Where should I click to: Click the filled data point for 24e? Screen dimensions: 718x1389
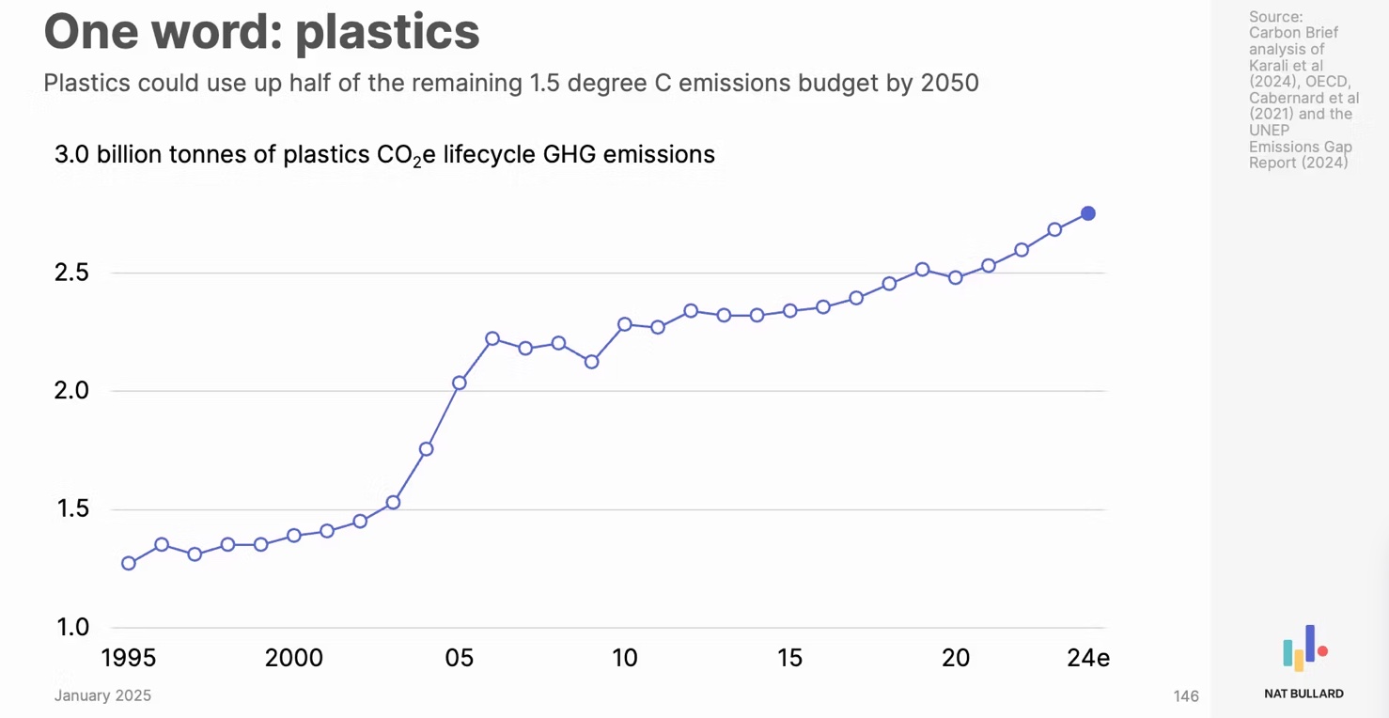pos(1087,213)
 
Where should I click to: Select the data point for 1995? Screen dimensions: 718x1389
pos(129,563)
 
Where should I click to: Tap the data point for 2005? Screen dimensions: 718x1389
pos(460,382)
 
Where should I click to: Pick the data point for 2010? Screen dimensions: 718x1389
pos(624,324)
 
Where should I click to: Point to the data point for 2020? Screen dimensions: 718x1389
pos(956,277)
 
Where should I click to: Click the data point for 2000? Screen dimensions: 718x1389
pos(294,535)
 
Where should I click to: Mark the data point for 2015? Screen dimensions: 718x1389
pos(790,310)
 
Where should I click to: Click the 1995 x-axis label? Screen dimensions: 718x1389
pos(129,658)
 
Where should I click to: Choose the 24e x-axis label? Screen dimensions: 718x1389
pos(1088,658)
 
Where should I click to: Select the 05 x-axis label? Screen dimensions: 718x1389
pos(460,658)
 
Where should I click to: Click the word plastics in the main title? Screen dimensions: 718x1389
pos(387,32)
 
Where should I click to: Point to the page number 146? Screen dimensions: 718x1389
pos(1186,696)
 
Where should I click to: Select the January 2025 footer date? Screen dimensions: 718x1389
pos(102,696)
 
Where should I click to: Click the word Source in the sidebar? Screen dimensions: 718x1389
pos(1275,17)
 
